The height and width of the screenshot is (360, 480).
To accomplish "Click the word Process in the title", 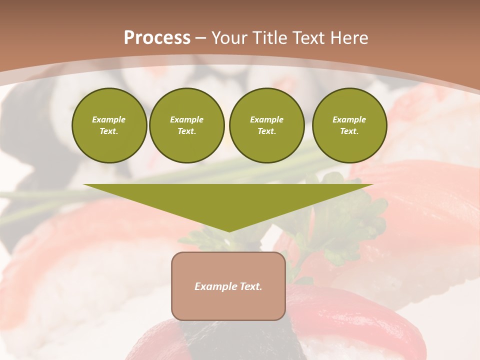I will coord(157,38).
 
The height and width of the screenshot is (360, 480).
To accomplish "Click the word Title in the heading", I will coord(268,38).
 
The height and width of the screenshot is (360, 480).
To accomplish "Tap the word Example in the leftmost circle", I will coord(109,119).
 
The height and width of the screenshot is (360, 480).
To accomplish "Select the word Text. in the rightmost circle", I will coord(349,131).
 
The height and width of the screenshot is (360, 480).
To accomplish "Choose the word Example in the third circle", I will coord(266,119).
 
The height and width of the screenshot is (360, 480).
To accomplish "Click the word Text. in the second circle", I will coord(187,131).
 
